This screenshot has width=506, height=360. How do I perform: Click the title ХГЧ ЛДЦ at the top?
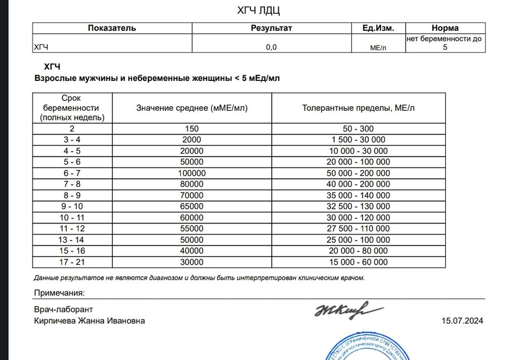[x=259, y=11]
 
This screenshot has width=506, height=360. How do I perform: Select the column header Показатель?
[x=112, y=28]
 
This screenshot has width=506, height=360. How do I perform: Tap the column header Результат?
[x=271, y=28]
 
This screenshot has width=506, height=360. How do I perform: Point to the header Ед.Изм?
[x=378, y=28]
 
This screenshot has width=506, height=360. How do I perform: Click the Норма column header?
[x=445, y=28]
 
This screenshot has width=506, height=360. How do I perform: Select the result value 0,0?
[x=271, y=47]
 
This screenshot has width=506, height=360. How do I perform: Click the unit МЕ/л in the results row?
[x=378, y=48]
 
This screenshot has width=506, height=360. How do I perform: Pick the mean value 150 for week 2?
[x=192, y=129]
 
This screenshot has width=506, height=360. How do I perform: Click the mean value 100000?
[x=192, y=173]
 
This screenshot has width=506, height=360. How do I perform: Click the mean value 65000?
[x=192, y=207]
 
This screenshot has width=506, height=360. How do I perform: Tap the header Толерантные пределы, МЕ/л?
[x=359, y=108]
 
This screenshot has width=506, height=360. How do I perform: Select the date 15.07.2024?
[x=462, y=321]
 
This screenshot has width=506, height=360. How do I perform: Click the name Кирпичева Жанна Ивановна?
[x=90, y=321]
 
